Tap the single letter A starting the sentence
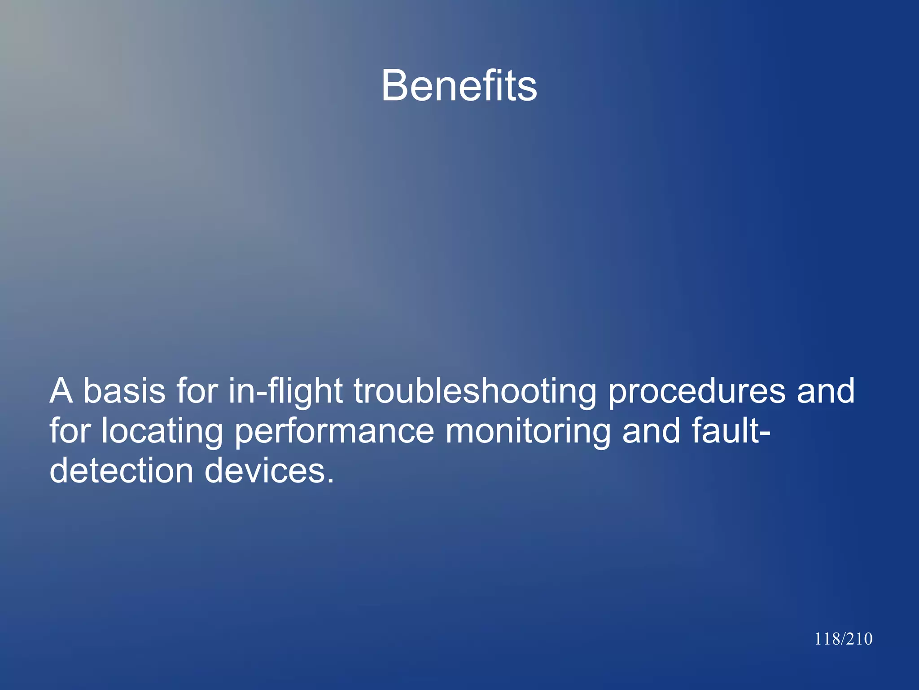[61, 391]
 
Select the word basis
[124, 391]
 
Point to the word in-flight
[286, 392]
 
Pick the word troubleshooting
[475, 392]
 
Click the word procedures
[696, 392]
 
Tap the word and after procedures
[826, 391]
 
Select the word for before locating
[70, 431]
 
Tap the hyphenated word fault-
[731, 431]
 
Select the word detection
[121, 471]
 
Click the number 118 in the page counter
[827, 639]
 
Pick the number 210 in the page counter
[859, 639]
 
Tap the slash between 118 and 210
[842, 639]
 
